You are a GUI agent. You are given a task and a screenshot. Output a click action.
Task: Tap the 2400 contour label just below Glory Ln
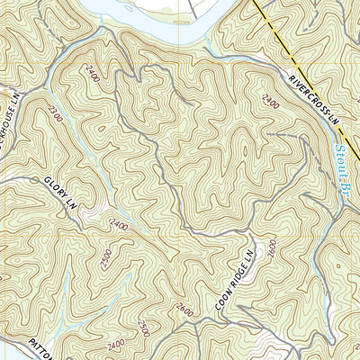[x=117, y=224]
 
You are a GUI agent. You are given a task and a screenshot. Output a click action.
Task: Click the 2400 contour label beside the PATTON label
[x=114, y=346]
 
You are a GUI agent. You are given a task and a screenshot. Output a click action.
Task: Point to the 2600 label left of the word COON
[x=184, y=310]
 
